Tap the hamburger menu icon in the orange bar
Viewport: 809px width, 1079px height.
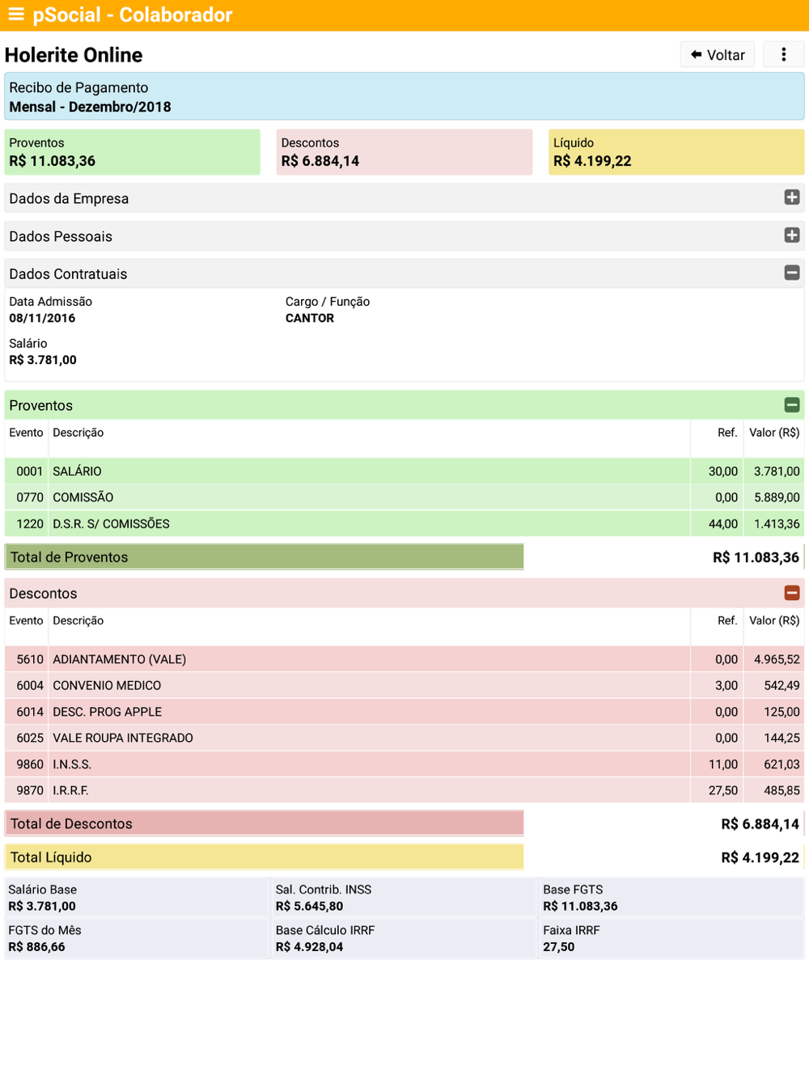16,15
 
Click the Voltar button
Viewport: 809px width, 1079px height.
717,54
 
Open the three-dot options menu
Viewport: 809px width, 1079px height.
783,54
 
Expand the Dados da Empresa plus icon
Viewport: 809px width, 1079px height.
791,197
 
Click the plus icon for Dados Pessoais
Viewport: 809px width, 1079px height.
791,235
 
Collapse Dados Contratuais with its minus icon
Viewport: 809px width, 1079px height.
791,273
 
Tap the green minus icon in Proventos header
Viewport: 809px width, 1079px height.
791,405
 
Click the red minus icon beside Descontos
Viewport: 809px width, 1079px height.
791,593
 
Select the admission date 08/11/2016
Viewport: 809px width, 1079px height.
42,318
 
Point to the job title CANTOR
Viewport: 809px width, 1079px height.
310,318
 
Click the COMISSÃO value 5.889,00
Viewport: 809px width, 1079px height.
777,497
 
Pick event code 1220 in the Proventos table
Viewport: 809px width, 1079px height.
30,523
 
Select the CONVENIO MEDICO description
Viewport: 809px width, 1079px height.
107,685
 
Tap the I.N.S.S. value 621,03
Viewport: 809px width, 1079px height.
781,764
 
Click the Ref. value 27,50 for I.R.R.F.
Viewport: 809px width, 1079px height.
722,790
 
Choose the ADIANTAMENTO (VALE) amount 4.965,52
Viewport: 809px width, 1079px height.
777,659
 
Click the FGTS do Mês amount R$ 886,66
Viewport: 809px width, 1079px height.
37,947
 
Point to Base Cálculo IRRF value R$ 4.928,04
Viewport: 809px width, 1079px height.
309,947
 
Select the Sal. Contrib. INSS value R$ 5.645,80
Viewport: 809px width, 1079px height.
309,906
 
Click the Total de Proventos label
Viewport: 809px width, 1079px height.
69,557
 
